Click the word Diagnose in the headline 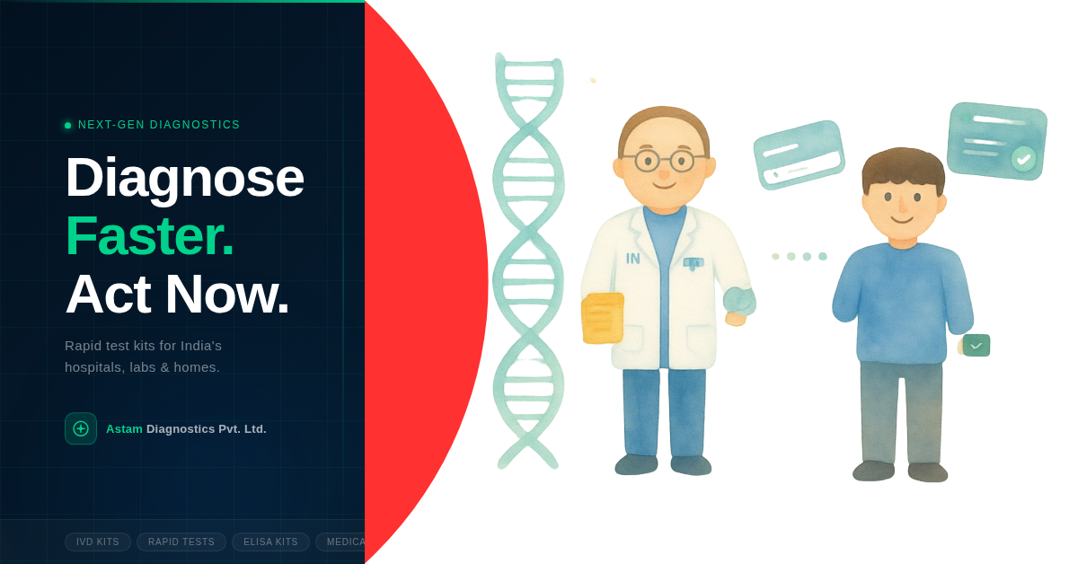pyautogui.click(x=184, y=177)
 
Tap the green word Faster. pyautogui.click(x=149, y=235)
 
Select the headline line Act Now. pyautogui.click(x=177, y=294)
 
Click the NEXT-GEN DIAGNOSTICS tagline pyautogui.click(x=159, y=125)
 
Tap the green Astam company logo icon pyautogui.click(x=81, y=428)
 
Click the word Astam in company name pyautogui.click(x=124, y=429)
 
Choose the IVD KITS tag pyautogui.click(x=98, y=542)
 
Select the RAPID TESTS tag pyautogui.click(x=181, y=542)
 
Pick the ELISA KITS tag pyautogui.click(x=270, y=542)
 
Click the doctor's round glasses pyautogui.click(x=664, y=161)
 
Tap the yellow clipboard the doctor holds pyautogui.click(x=602, y=319)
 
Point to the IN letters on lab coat pyautogui.click(x=633, y=259)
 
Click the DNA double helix pyautogui.click(x=528, y=260)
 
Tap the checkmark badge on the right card pyautogui.click(x=1023, y=159)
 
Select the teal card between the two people pyautogui.click(x=799, y=154)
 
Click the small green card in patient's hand pyautogui.click(x=976, y=345)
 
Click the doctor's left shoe pyautogui.click(x=636, y=463)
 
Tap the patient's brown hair pyautogui.click(x=902, y=166)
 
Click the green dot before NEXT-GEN pyautogui.click(x=67, y=126)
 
